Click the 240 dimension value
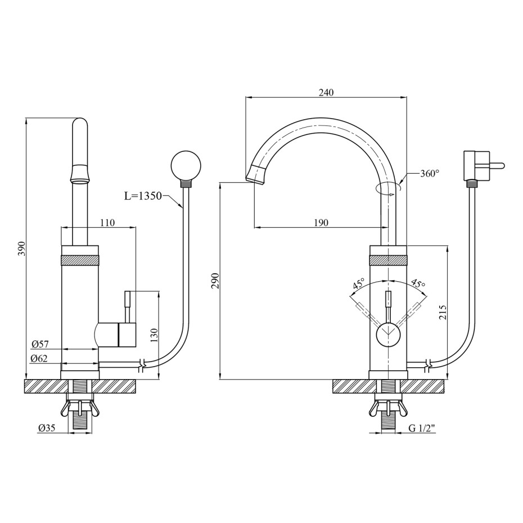(326, 92)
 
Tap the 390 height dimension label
(21, 249)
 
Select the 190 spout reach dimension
(321, 223)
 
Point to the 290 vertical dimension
(215, 281)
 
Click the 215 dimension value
(442, 312)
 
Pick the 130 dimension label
(154, 336)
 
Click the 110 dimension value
(107, 223)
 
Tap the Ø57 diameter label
(40, 343)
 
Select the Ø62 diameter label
(39, 358)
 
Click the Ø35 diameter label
(47, 428)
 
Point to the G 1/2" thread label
(422, 429)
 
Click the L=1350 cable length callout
(143, 196)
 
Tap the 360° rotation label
(430, 173)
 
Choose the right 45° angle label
(418, 283)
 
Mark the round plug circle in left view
(186, 165)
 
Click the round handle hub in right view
(388, 336)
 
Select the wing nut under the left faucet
(80, 408)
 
